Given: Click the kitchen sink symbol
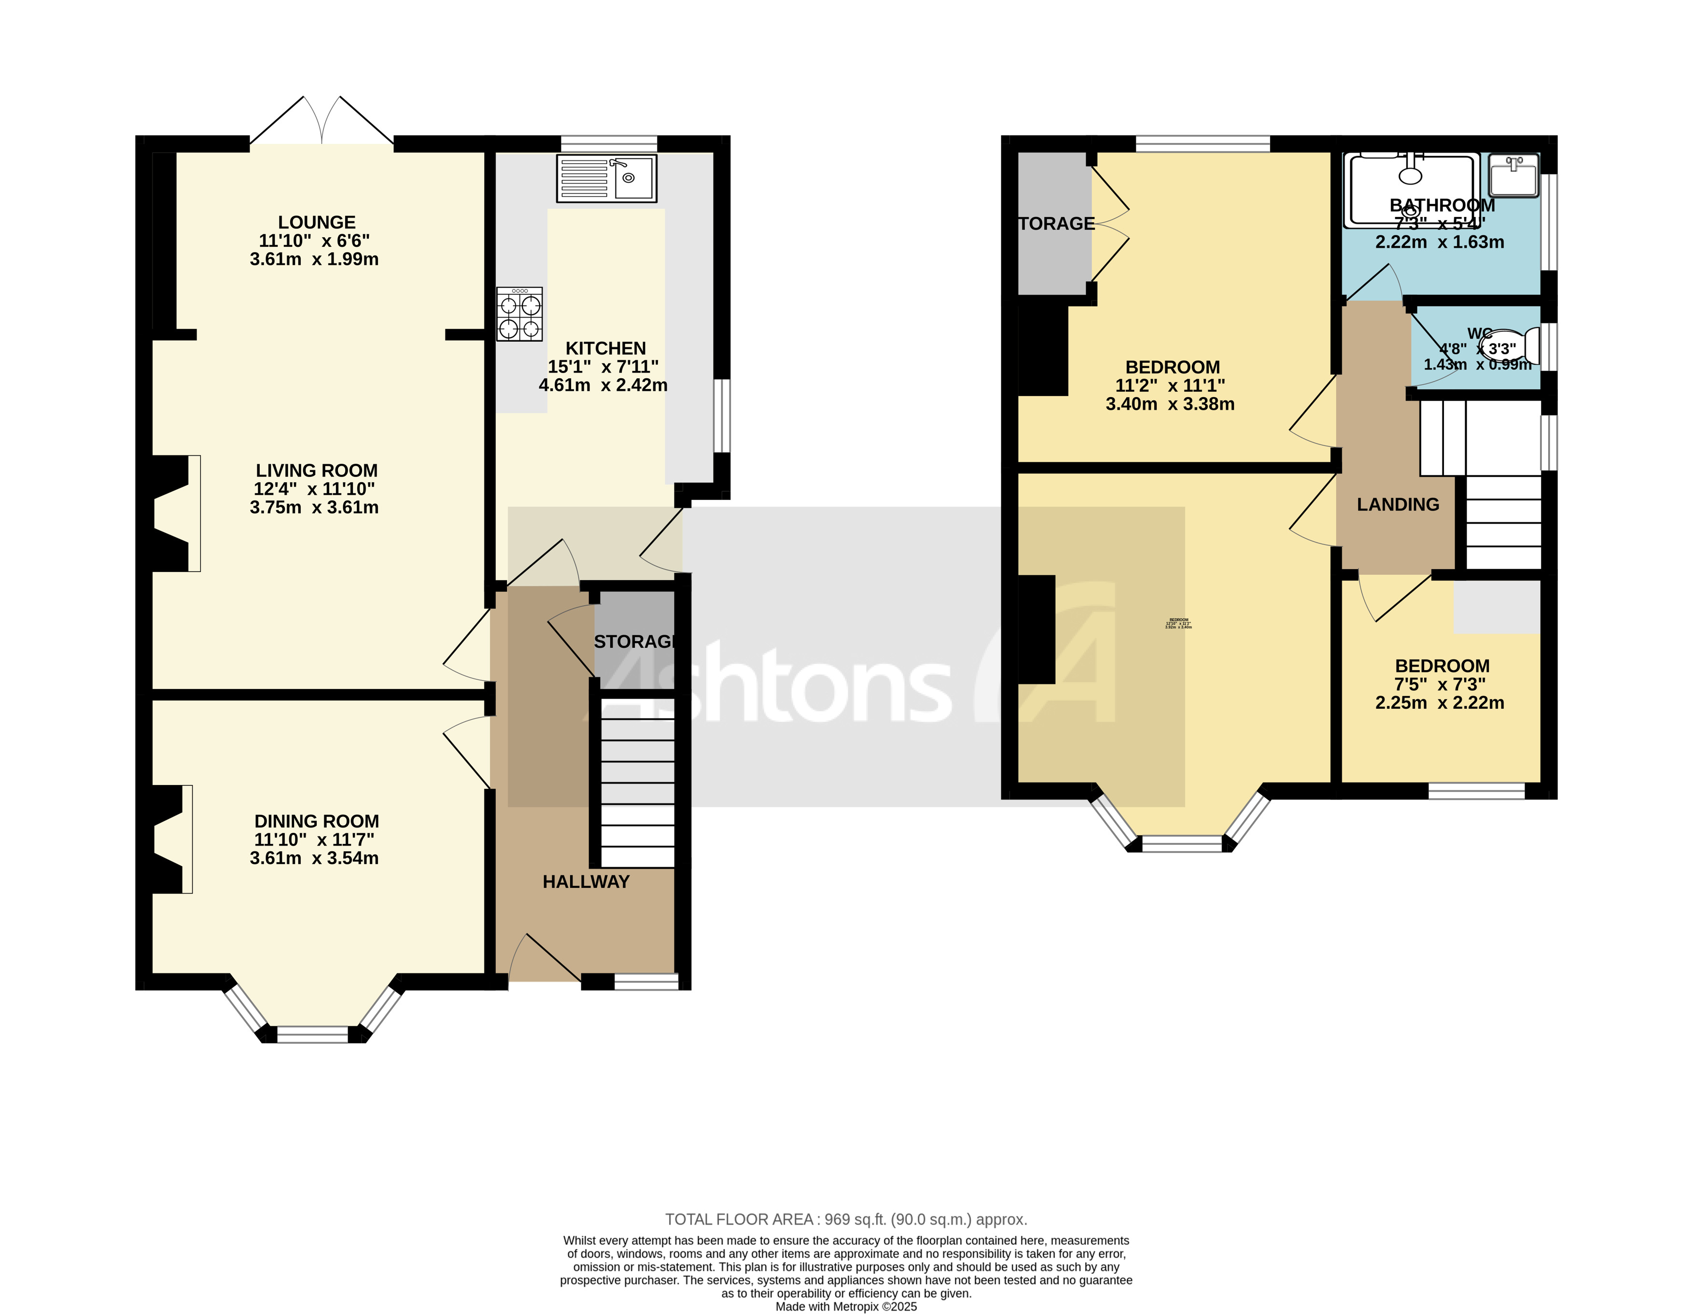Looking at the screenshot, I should pyautogui.click(x=606, y=178).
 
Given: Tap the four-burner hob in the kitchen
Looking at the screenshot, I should pyautogui.click(x=519, y=314).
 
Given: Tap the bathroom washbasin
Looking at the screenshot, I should pyautogui.click(x=1513, y=175).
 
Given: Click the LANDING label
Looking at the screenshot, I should pyautogui.click(x=1398, y=504).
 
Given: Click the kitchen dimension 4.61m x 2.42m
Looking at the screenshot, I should pyautogui.click(x=603, y=385).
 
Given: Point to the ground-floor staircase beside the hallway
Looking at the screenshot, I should pyautogui.click(x=637, y=784).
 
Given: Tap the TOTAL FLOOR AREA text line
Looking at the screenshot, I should pyautogui.click(x=846, y=1219).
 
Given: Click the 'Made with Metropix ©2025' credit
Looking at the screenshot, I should pyautogui.click(x=846, y=1307).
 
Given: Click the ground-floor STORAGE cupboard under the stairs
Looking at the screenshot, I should pyautogui.click(x=634, y=642).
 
